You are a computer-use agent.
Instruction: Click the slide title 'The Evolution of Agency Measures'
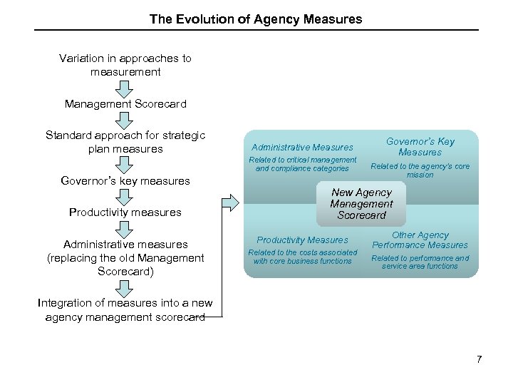pyautogui.click(x=256, y=19)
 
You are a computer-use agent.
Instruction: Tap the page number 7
pyautogui.click(x=480, y=359)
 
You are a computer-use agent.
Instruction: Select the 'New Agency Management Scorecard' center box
pyautogui.click(x=361, y=204)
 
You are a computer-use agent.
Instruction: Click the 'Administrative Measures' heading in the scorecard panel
pyautogui.click(x=302, y=147)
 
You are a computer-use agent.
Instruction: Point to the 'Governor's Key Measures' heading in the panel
pyautogui.click(x=420, y=147)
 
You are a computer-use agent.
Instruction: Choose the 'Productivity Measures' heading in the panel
pyautogui.click(x=302, y=240)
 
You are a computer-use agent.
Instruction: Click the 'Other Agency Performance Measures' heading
pyautogui.click(x=420, y=240)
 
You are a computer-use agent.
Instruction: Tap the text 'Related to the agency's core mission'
pyautogui.click(x=420, y=170)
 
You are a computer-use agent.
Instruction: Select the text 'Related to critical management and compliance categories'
pyautogui.click(x=302, y=164)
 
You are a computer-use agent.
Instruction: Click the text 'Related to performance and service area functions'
pyautogui.click(x=420, y=262)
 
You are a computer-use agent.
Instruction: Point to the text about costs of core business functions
pyautogui.click(x=302, y=257)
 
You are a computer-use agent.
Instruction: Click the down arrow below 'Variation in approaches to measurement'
pyautogui.click(x=125, y=88)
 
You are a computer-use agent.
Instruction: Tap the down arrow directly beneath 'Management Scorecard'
pyautogui.click(x=125, y=119)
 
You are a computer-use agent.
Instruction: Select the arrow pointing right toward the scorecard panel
pyautogui.click(x=230, y=203)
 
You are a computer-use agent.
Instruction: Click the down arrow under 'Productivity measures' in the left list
pyautogui.click(x=125, y=228)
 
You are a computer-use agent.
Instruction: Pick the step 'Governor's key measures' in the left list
pyautogui.click(x=125, y=181)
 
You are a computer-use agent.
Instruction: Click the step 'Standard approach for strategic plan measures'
pyautogui.click(x=125, y=142)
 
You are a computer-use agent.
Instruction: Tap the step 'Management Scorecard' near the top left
pyautogui.click(x=125, y=104)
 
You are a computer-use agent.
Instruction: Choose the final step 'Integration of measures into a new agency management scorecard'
pyautogui.click(x=125, y=310)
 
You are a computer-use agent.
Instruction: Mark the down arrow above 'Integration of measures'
pyautogui.click(x=125, y=287)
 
